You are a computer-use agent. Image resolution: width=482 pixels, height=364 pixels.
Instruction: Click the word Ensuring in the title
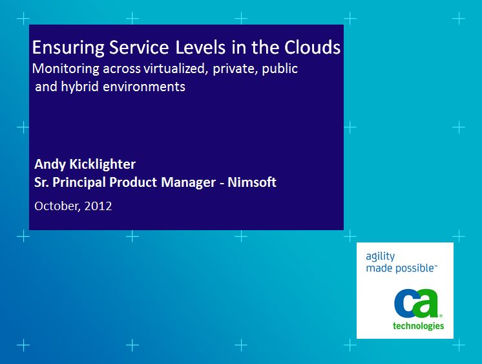pos(68,48)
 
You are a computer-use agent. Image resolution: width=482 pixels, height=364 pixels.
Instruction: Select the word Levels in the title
pos(200,47)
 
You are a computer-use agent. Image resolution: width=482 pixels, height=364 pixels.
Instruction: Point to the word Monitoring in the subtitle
pos(66,69)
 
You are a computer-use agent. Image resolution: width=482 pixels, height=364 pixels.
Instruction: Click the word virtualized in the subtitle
pos(174,69)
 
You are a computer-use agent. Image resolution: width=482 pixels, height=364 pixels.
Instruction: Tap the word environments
pos(144,87)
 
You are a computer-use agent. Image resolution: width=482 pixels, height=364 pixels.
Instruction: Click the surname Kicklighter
pos(102,164)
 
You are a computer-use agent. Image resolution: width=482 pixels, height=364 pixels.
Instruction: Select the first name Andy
pos(50,164)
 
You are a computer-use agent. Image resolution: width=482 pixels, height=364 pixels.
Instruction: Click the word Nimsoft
pos(252,182)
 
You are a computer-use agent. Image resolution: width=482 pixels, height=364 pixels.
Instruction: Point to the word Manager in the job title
pos(188,183)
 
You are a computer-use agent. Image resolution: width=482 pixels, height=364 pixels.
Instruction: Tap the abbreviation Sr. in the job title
pos(41,182)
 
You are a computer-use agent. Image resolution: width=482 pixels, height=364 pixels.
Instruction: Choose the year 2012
pos(98,206)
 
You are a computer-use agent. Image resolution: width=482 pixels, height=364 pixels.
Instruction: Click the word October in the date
pos(58,206)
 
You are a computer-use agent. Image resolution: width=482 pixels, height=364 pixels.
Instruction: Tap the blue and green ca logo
pos(417,303)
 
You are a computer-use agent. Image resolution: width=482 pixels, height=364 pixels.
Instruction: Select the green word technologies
pos(419,326)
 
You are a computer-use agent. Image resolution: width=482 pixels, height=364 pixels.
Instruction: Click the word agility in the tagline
pos(381,256)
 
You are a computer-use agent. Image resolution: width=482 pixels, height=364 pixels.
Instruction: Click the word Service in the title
pos(139,47)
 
